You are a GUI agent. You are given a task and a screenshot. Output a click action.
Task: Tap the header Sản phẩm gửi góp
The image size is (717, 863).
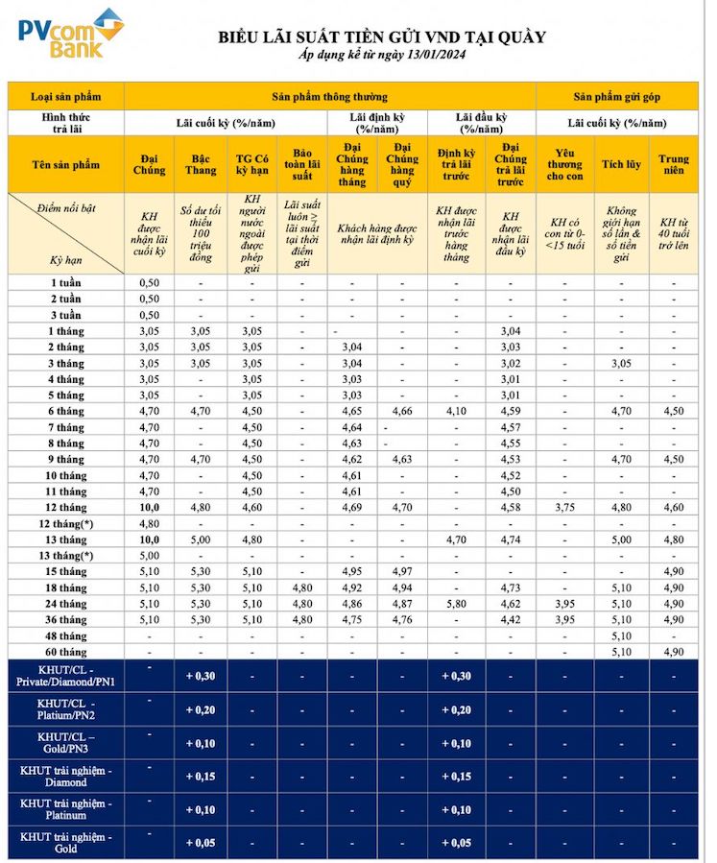[x=616, y=96]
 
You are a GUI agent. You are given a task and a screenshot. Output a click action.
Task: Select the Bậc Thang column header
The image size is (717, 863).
[x=200, y=164]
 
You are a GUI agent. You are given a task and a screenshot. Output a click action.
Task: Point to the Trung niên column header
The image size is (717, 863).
[x=673, y=164]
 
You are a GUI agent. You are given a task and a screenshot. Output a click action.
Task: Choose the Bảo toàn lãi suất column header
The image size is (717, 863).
[x=302, y=164]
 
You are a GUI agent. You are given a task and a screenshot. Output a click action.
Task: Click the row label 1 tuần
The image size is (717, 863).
[x=66, y=283]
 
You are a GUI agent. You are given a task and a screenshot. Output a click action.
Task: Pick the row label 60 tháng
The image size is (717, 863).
[x=66, y=652]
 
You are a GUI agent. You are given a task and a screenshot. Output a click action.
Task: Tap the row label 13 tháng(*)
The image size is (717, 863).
[x=66, y=555]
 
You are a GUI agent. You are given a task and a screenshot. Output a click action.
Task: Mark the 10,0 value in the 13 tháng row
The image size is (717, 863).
[x=149, y=539]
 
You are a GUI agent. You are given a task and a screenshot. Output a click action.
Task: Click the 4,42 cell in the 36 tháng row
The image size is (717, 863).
[x=510, y=620]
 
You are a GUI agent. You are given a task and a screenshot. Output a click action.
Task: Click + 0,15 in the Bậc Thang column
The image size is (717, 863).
[x=200, y=776]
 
